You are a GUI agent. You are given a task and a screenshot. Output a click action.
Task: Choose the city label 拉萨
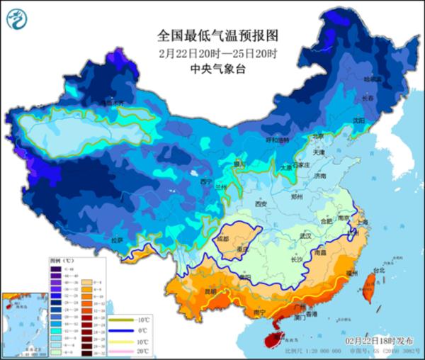click(117, 240)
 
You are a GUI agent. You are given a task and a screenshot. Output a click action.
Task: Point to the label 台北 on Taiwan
click(378, 271)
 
